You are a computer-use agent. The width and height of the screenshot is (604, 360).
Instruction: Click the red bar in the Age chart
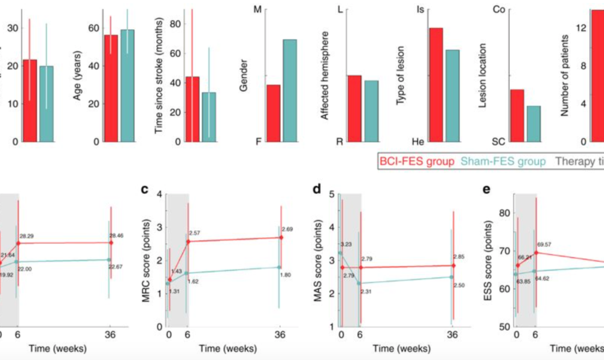click(111, 88)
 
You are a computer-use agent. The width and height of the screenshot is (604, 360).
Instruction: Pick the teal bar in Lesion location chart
click(533, 124)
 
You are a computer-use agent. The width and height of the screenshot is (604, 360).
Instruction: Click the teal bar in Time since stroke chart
click(209, 117)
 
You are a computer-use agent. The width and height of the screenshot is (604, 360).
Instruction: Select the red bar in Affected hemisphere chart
click(355, 108)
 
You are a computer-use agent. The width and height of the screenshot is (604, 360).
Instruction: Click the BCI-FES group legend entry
click(416, 161)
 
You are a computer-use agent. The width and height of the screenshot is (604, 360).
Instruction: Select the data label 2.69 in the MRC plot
click(287, 229)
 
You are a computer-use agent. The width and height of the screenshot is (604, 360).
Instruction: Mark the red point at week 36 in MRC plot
click(281, 237)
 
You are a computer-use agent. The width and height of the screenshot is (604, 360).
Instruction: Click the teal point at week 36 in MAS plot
click(452, 277)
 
